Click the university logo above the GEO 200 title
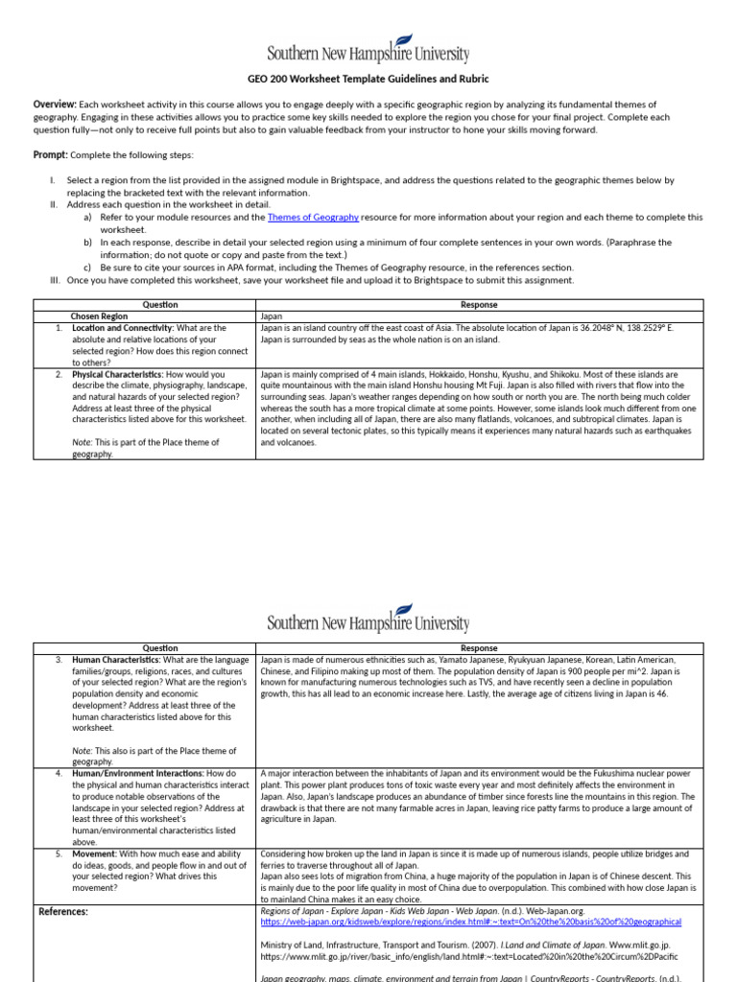368,49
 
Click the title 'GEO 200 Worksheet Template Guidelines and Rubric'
368,80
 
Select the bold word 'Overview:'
55,105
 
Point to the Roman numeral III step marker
55,280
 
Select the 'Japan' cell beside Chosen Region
272,316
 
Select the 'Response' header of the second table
480,648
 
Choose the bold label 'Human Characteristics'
116,660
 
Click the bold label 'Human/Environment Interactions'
137,773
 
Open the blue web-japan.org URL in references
470,922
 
